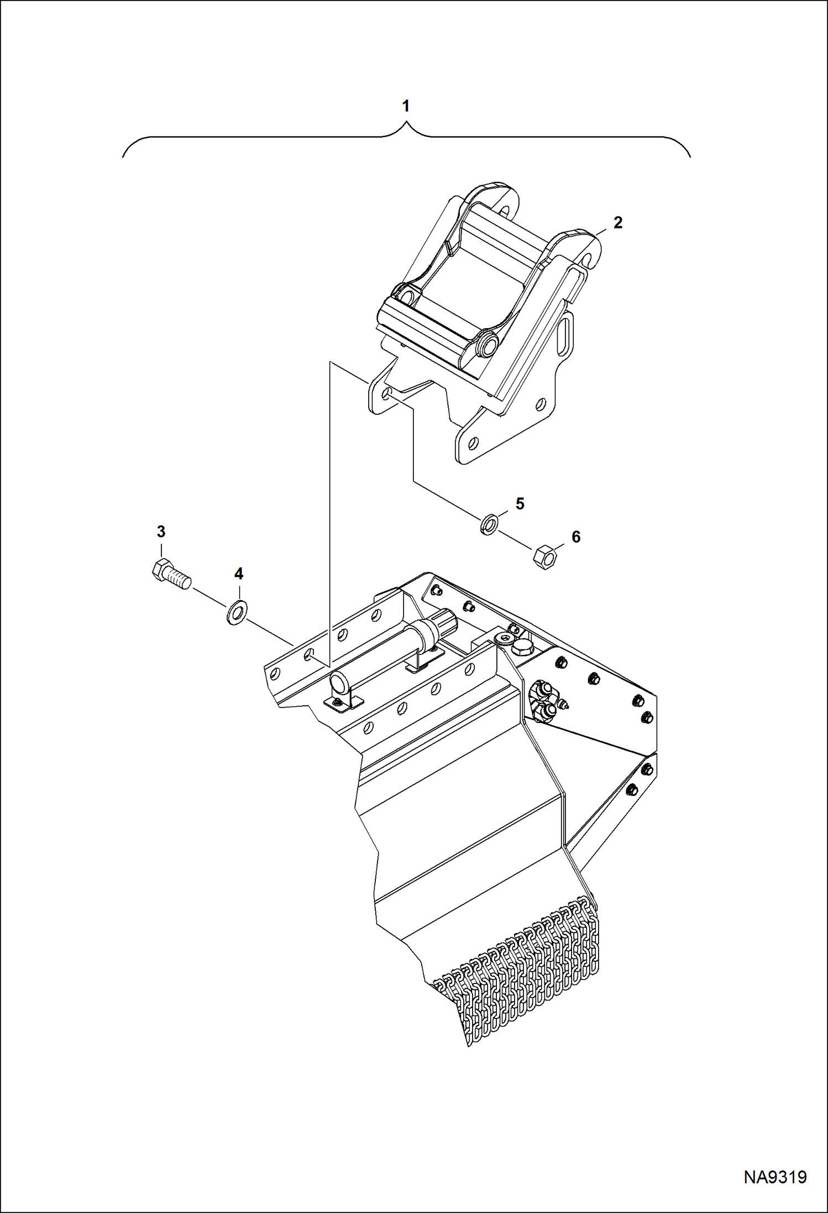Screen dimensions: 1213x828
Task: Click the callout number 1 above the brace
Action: tap(406, 106)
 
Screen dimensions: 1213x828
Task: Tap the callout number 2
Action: tap(617, 222)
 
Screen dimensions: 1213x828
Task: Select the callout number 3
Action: tap(161, 532)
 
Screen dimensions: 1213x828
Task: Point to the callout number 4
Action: tap(238, 574)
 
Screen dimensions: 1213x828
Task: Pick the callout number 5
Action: tap(520, 503)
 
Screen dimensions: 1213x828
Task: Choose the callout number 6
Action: tap(576, 537)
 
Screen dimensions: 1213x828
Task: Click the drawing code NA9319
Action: tap(775, 1177)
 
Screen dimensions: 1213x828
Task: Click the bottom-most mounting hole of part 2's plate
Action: tap(473, 442)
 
